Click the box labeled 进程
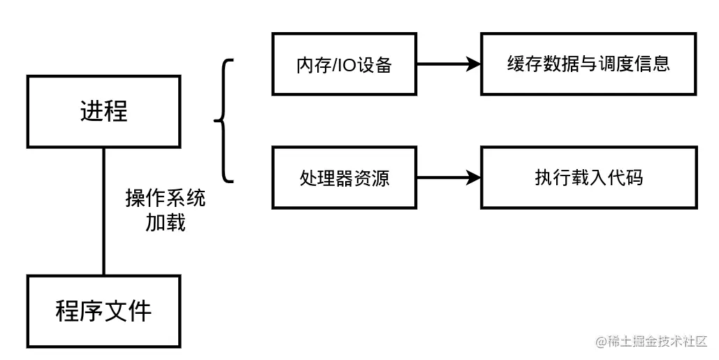click(x=103, y=112)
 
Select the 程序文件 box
click(x=103, y=311)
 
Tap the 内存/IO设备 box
click(x=343, y=64)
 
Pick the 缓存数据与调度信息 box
click(x=588, y=64)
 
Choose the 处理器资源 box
click(x=343, y=178)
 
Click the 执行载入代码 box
click(x=588, y=178)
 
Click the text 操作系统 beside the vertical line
click(x=166, y=199)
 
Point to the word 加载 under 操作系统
click(x=166, y=223)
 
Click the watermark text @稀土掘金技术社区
click(x=651, y=341)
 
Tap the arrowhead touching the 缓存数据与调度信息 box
click(x=474, y=64)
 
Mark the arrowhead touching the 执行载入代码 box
click(x=474, y=178)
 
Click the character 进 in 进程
click(x=92, y=112)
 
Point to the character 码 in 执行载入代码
click(x=633, y=178)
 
